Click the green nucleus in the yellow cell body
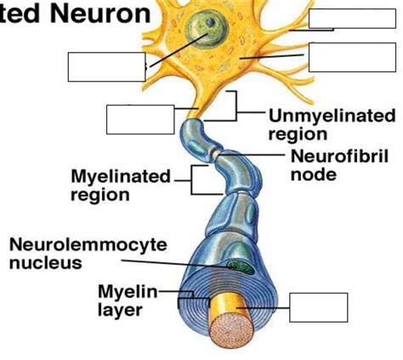[204, 28]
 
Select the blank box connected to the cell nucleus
[106, 66]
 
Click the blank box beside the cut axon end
[318, 307]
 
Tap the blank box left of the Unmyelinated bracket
[133, 119]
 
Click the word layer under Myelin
[119, 311]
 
